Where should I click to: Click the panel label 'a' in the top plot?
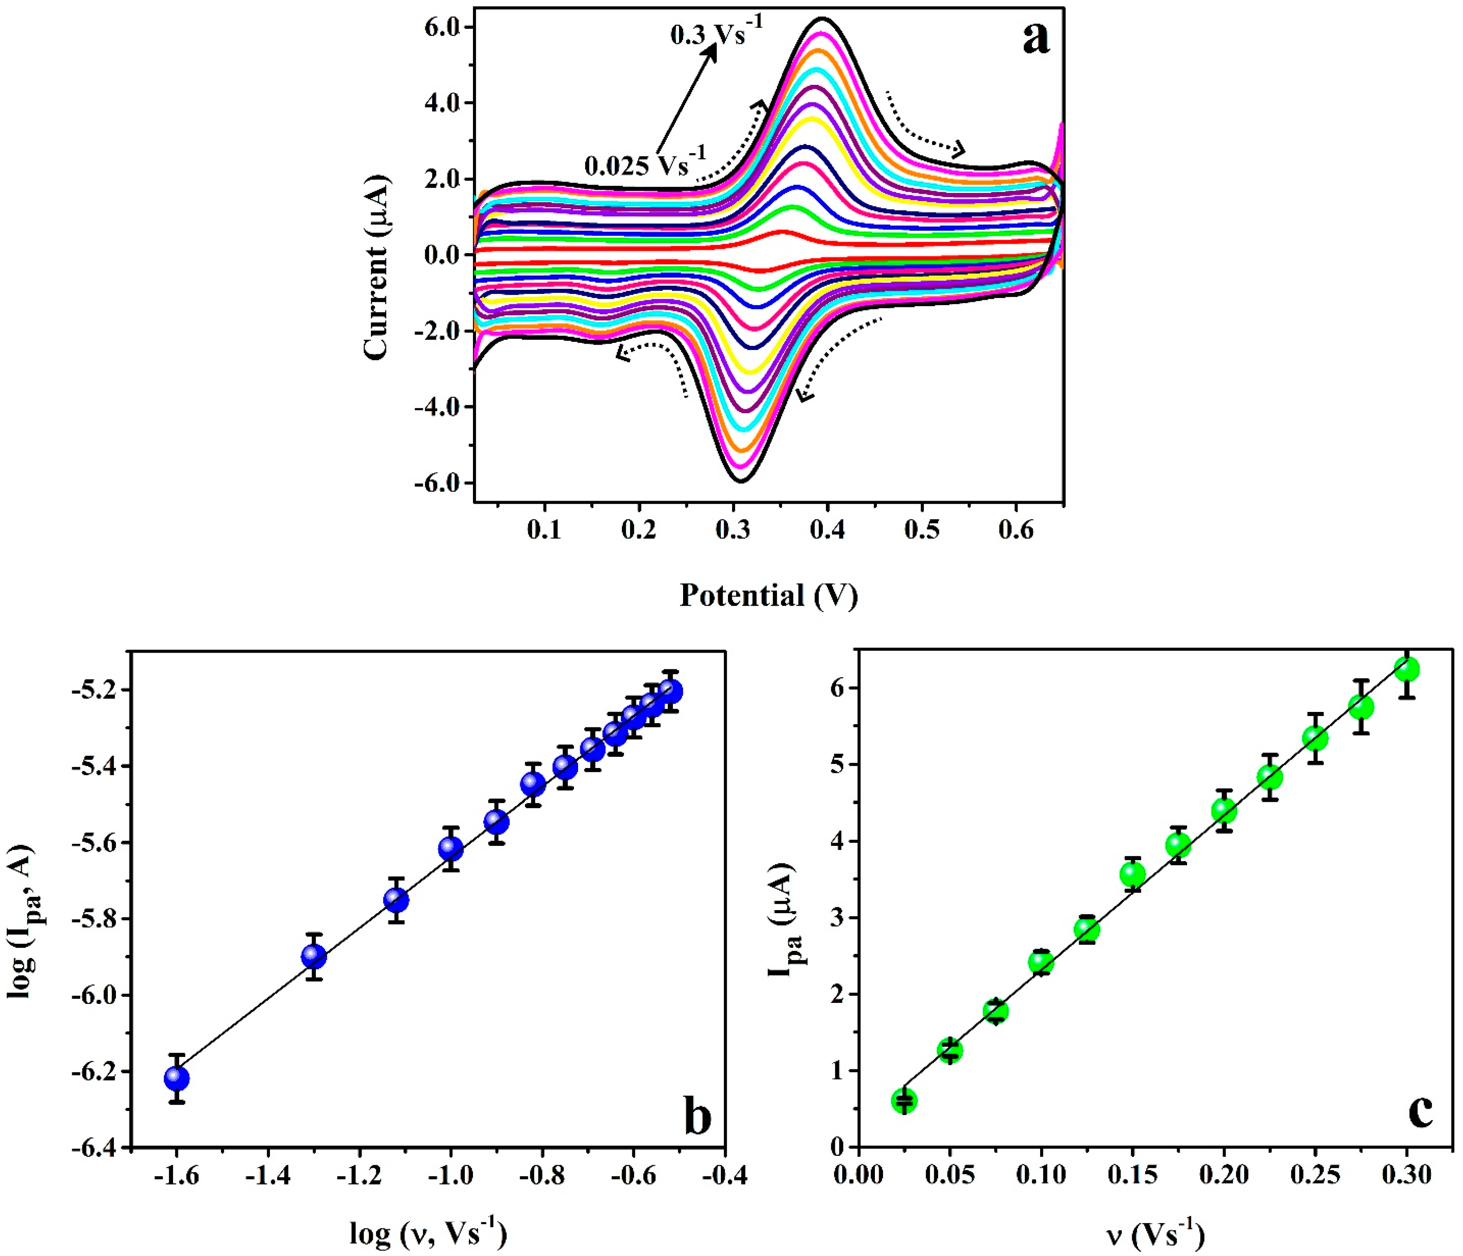click(x=1036, y=39)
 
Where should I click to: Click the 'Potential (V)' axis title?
click(x=768, y=595)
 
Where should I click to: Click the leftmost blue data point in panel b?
click(x=176, y=1078)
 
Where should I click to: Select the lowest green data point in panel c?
click(x=904, y=1100)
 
